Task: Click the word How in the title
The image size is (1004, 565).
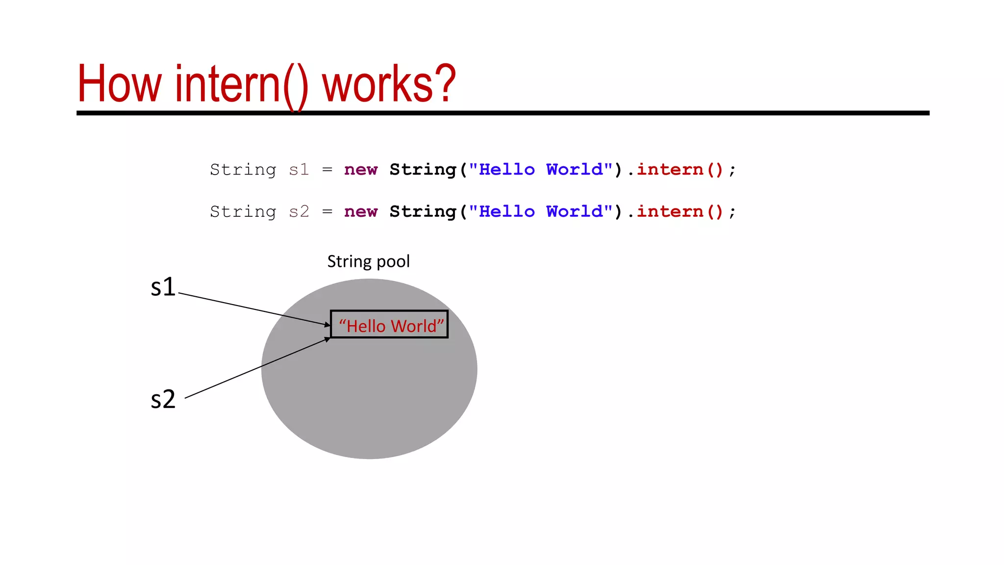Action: click(x=119, y=84)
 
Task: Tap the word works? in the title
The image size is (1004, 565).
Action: click(x=389, y=84)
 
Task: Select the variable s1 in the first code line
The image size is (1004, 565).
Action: click(x=299, y=170)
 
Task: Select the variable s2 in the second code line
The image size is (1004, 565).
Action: click(x=299, y=212)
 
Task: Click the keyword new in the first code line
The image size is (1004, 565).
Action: click(x=361, y=170)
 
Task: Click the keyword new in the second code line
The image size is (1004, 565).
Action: click(x=361, y=212)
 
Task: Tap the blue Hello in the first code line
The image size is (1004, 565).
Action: click(x=506, y=170)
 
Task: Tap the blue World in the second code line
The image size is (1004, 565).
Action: click(x=575, y=212)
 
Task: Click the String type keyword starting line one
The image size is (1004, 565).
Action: click(x=243, y=170)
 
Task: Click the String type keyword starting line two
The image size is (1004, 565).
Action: click(x=243, y=212)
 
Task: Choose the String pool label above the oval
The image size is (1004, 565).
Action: click(x=368, y=261)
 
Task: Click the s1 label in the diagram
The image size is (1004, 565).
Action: click(x=163, y=287)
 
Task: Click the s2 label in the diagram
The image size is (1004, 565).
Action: click(x=163, y=399)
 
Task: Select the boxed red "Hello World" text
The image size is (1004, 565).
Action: click(x=391, y=326)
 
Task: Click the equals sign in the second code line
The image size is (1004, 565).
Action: click(x=327, y=212)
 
